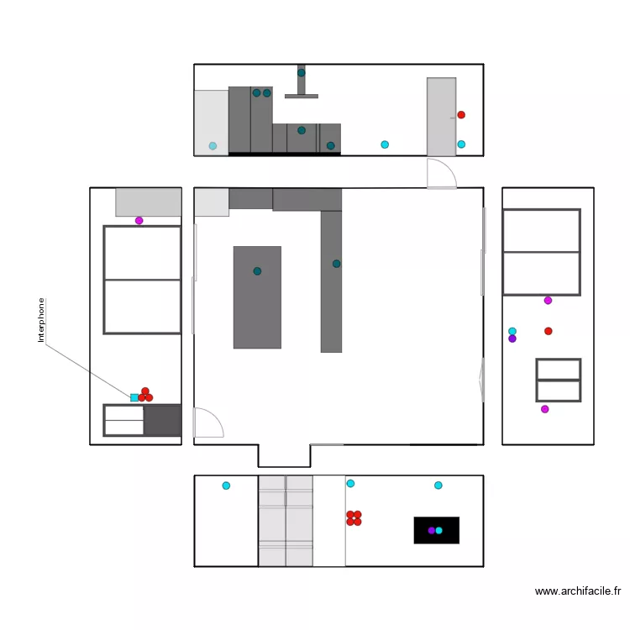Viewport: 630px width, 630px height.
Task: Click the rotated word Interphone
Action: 40,320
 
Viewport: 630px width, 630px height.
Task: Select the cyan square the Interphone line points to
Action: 134,397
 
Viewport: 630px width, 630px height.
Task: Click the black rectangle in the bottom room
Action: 437,530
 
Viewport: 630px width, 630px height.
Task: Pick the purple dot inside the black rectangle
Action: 431,530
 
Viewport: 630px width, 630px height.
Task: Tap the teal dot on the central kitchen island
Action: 257,271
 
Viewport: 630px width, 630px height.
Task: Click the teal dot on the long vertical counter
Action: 336,264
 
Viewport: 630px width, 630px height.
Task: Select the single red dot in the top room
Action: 461,115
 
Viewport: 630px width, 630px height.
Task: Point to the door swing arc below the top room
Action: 442,175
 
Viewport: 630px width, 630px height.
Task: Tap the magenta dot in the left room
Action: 139,221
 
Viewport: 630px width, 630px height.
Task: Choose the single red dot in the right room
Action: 549,331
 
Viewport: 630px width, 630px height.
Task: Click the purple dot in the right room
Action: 512,339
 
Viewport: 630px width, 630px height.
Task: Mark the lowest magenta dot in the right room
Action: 544,409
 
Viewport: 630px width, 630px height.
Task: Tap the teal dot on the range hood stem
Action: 302,73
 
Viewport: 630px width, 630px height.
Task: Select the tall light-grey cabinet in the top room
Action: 441,116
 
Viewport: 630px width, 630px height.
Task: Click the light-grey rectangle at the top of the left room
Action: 149,202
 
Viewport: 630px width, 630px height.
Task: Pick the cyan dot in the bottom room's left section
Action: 226,486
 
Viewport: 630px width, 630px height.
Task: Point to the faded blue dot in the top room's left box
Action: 213,146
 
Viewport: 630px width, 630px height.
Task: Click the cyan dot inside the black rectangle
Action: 439,530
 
